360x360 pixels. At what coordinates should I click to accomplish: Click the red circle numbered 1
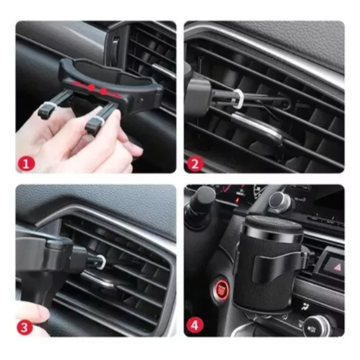pyautogui.click(x=26, y=164)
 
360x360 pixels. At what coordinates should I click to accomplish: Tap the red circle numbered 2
pyautogui.click(x=195, y=164)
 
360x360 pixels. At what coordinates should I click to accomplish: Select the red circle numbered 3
pyautogui.click(x=24, y=327)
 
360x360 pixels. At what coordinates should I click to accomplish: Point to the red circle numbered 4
pyautogui.click(x=195, y=325)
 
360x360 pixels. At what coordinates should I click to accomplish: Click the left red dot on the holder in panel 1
pyautogui.click(x=92, y=87)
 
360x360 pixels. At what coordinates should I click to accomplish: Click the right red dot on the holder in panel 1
pyautogui.click(x=104, y=91)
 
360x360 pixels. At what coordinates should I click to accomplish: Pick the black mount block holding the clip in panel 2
pyautogui.click(x=198, y=96)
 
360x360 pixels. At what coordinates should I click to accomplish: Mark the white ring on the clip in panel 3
pyautogui.click(x=101, y=262)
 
